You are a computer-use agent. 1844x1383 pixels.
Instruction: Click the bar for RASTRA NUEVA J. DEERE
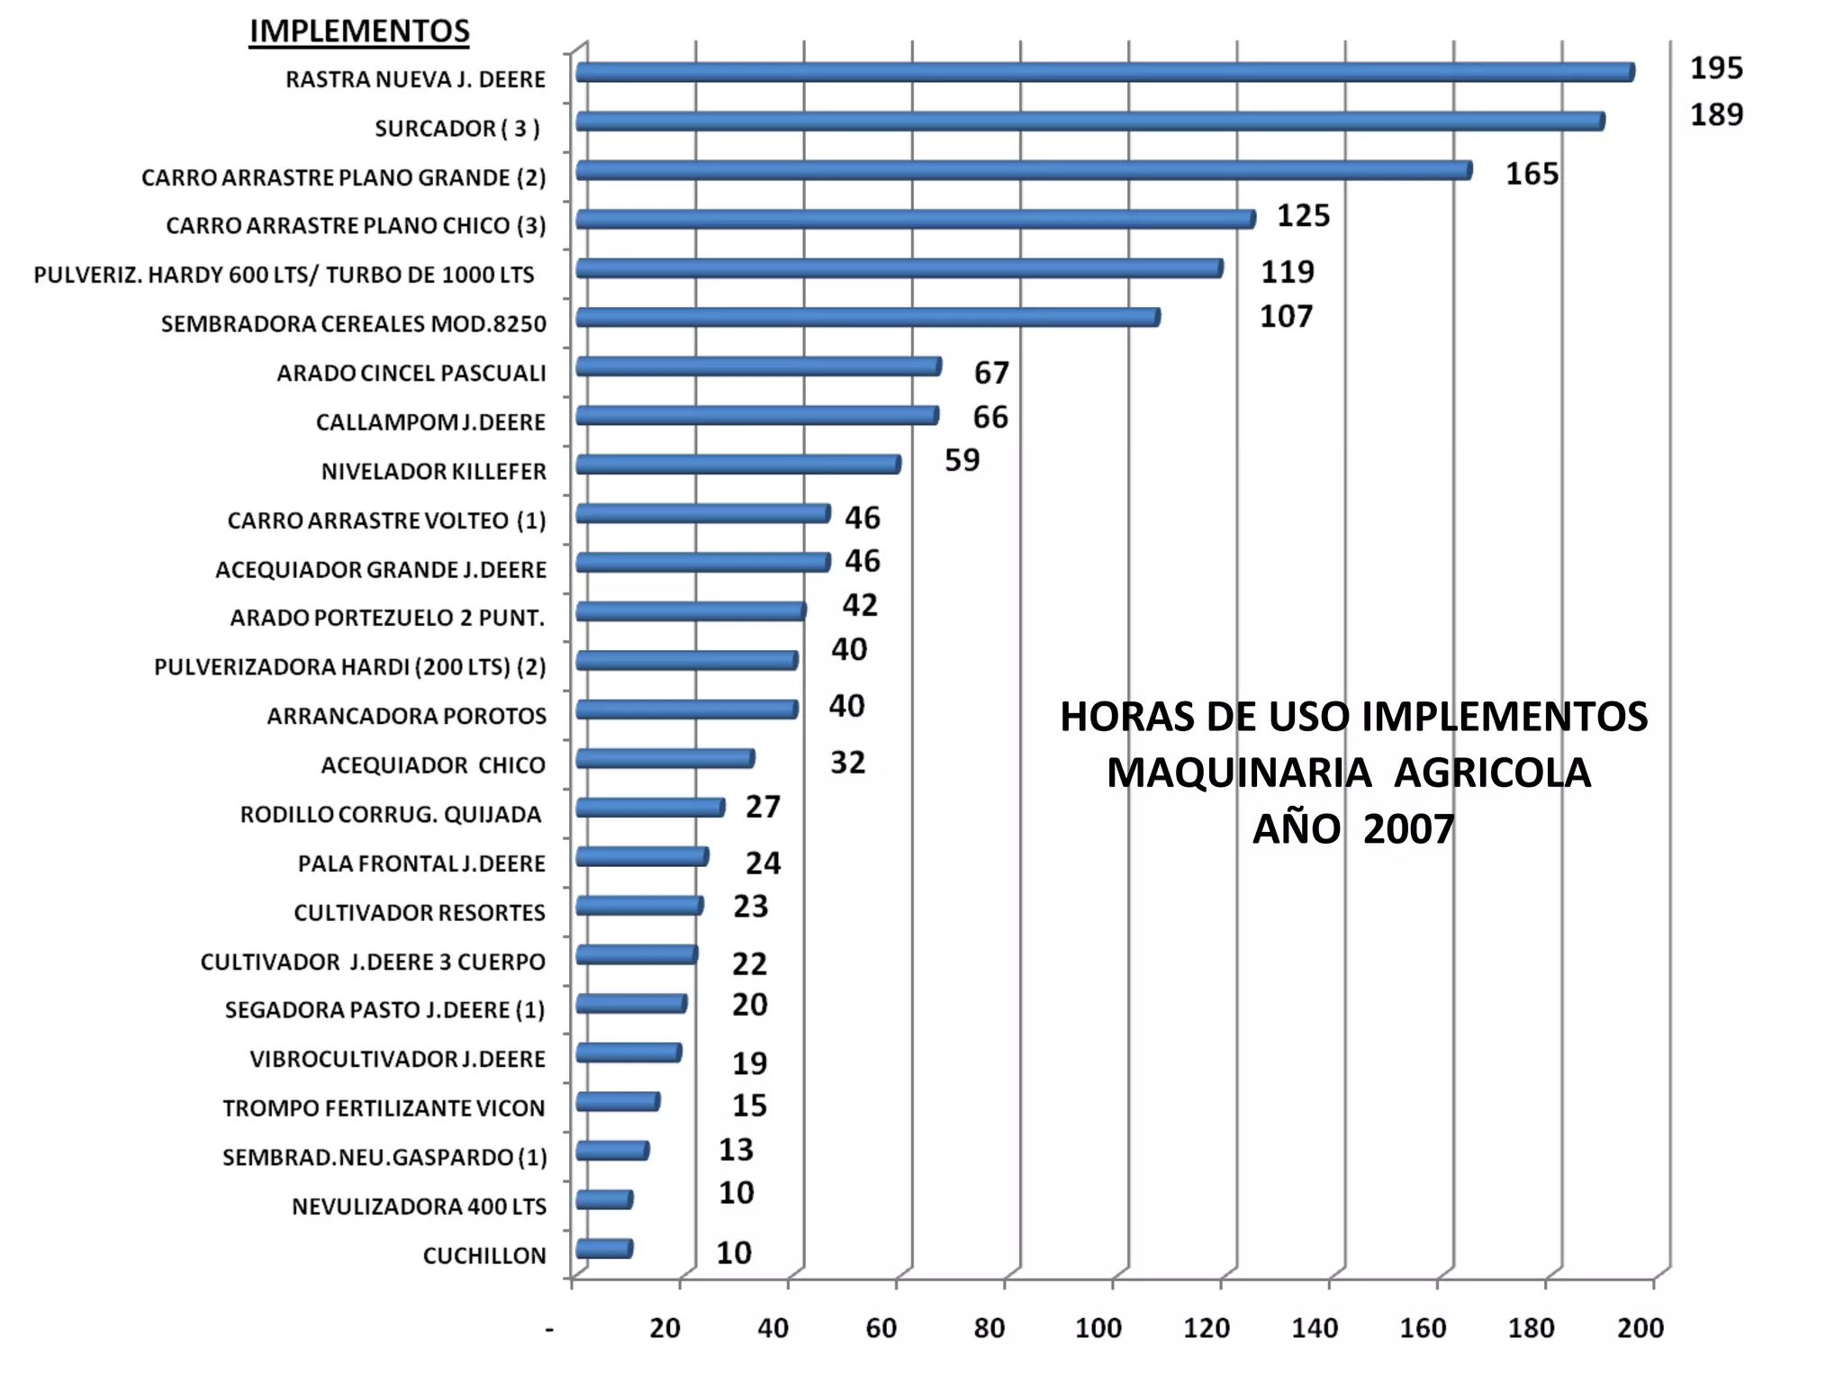(1104, 73)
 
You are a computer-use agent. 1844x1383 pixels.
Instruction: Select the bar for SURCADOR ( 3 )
(1089, 122)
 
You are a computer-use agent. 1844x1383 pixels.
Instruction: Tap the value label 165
(1532, 174)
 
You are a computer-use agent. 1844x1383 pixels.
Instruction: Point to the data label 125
(1303, 216)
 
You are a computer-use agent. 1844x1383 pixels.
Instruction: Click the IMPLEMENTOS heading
(359, 32)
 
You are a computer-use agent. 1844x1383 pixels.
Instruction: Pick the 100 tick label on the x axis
(1098, 1328)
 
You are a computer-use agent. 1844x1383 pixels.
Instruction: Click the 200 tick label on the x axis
(1640, 1328)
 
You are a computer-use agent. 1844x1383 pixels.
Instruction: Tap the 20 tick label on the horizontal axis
(665, 1328)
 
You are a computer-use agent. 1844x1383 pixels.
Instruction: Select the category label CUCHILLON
(484, 1255)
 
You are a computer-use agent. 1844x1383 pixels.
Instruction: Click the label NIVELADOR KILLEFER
(433, 472)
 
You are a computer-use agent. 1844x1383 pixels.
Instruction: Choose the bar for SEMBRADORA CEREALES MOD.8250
(867, 317)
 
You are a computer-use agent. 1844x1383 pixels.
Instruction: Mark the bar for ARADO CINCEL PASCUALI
(758, 366)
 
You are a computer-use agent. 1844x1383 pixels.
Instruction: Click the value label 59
(962, 461)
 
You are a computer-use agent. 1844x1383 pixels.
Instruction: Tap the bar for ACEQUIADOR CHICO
(664, 759)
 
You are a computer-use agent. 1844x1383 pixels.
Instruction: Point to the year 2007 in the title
(1408, 829)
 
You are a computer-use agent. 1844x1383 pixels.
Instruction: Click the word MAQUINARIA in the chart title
(1238, 773)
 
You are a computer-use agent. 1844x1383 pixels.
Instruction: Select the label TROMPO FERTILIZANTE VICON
(384, 1108)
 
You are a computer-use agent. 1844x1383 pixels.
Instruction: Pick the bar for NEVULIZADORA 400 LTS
(603, 1200)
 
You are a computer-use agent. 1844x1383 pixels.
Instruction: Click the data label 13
(736, 1150)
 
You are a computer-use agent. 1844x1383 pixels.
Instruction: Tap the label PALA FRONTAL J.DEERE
(421, 864)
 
